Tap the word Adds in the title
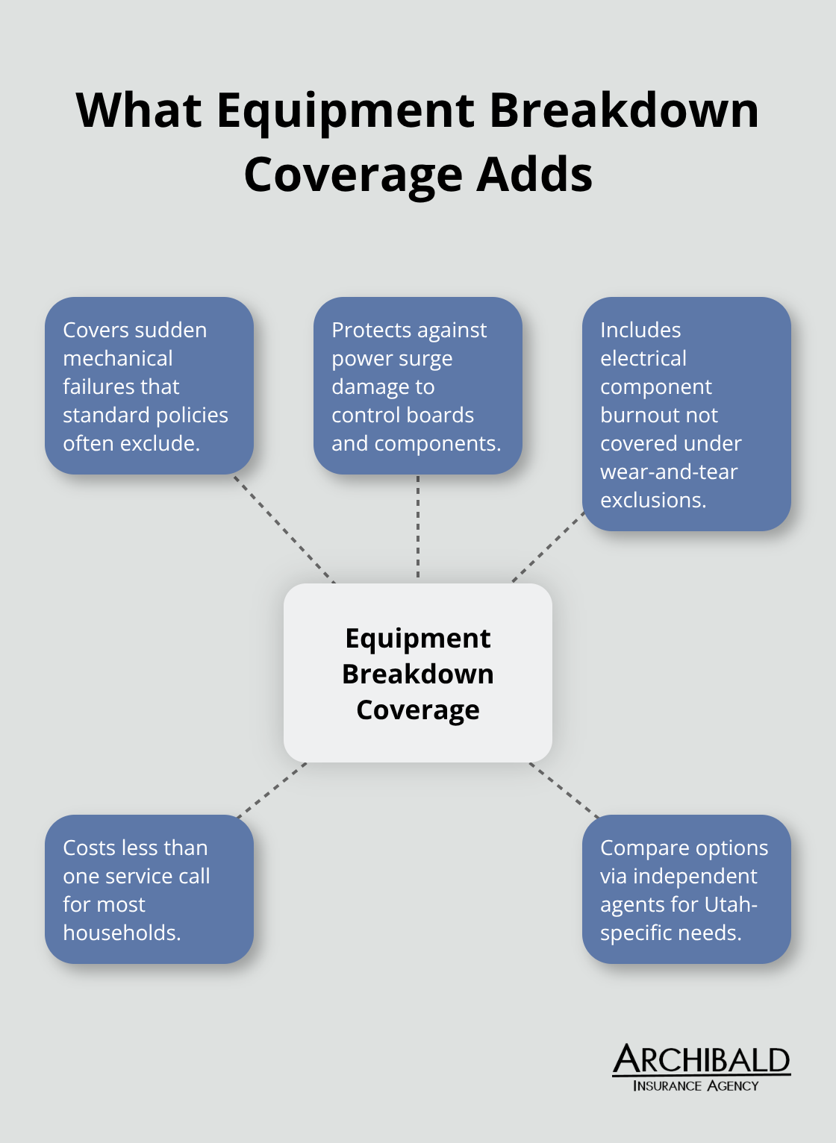534,175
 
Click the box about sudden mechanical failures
149,386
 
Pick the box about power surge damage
417,386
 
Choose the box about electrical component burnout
686,414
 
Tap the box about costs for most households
149,889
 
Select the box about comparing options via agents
686,889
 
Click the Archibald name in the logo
701,1059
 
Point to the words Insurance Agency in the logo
696,1086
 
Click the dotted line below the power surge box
418,528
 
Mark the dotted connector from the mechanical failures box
284,528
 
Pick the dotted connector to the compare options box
564,789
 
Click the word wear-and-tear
669,472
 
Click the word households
122,933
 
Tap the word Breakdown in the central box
417,674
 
